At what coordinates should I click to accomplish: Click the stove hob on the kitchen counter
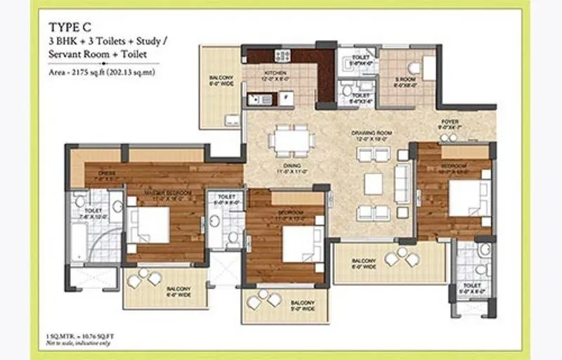(282, 56)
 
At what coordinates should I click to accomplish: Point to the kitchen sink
(261, 99)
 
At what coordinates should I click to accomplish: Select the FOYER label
(450, 122)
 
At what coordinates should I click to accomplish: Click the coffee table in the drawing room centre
(373, 184)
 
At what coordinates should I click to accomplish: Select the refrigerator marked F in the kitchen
(286, 98)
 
